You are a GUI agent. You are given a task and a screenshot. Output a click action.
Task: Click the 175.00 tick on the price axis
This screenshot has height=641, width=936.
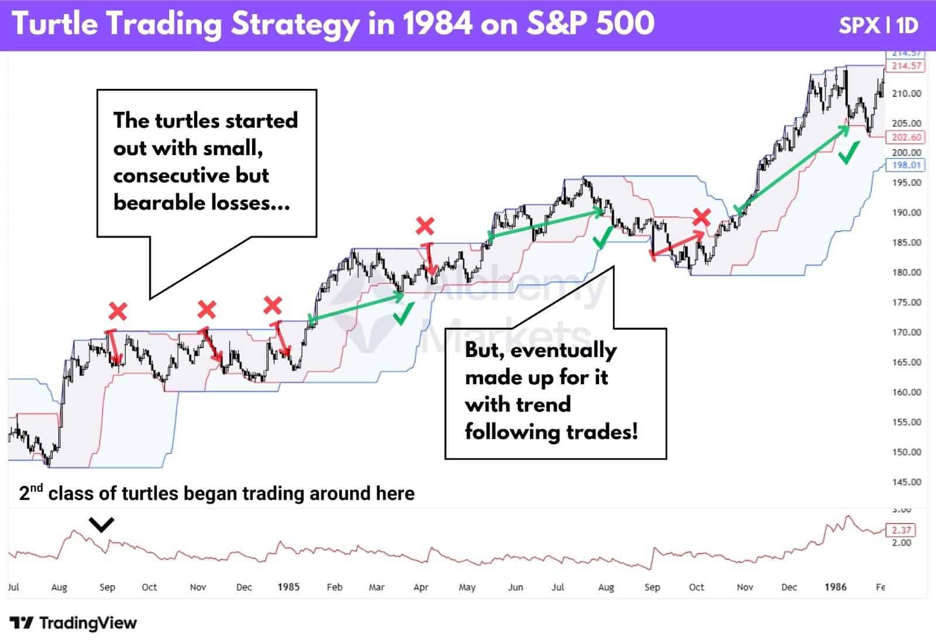(x=907, y=303)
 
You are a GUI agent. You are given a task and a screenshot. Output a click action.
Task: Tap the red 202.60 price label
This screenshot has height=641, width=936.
(x=906, y=138)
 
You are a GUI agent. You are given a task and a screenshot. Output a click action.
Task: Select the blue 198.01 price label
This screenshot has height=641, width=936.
(x=906, y=165)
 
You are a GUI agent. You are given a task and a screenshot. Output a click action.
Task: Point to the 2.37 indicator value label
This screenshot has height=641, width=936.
(x=901, y=530)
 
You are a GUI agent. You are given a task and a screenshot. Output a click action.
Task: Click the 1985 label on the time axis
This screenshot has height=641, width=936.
(x=288, y=587)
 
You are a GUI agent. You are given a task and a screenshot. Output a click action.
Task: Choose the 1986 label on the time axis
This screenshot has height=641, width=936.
(x=835, y=587)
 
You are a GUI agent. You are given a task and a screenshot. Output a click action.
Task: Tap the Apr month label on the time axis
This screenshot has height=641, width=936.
(x=421, y=587)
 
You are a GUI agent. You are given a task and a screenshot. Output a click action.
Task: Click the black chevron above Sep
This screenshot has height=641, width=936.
(x=102, y=525)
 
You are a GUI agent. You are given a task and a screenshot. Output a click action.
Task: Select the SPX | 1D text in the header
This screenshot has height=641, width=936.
(x=879, y=26)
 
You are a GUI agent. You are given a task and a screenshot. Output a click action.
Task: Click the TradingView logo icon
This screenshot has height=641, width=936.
(x=22, y=623)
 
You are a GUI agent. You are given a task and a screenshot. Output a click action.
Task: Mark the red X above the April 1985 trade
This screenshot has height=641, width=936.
(x=425, y=225)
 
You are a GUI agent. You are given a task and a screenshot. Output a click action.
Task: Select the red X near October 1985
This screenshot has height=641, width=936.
(x=701, y=218)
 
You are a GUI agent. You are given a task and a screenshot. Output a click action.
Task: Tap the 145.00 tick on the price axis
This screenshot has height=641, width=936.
(x=907, y=482)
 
